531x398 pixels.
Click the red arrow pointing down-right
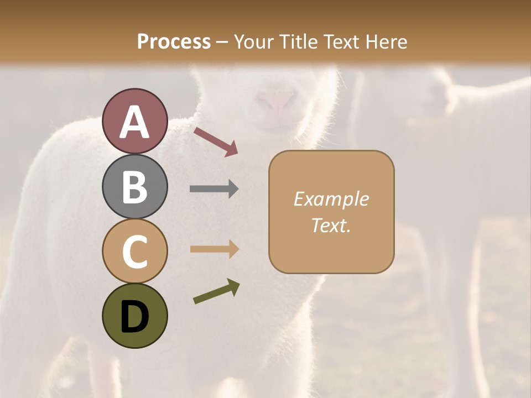pyautogui.click(x=216, y=141)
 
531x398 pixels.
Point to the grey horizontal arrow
pyautogui.click(x=214, y=189)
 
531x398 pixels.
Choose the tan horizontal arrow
pyautogui.click(x=214, y=249)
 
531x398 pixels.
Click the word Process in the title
pyautogui.click(x=174, y=41)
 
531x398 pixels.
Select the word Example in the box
pyautogui.click(x=331, y=199)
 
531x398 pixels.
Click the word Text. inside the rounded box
pyautogui.click(x=331, y=226)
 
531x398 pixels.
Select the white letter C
pyautogui.click(x=134, y=252)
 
